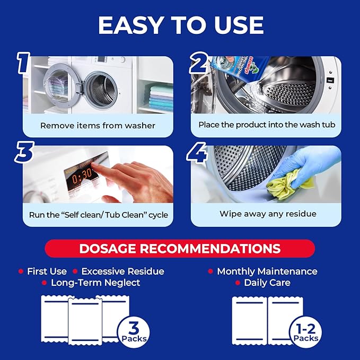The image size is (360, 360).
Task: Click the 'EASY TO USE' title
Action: [x=180, y=25]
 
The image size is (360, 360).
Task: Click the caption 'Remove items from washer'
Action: [x=98, y=126]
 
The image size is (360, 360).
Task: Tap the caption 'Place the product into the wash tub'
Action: [x=267, y=125]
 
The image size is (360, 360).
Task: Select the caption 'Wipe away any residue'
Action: [x=268, y=214]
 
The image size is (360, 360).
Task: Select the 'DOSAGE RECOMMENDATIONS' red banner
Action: [x=180, y=248]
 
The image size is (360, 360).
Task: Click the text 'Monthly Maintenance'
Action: [x=267, y=271]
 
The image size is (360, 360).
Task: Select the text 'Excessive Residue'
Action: [x=122, y=271]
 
